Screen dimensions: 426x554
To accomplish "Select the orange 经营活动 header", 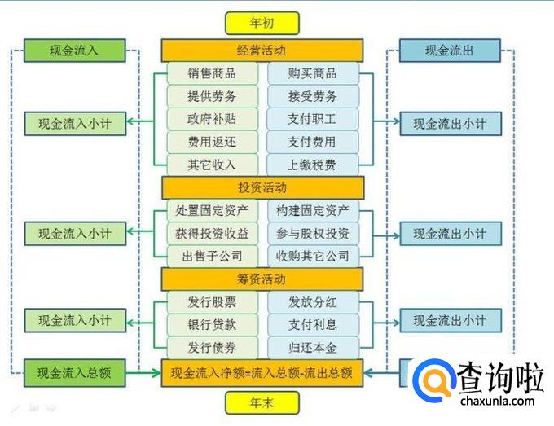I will coord(262,50).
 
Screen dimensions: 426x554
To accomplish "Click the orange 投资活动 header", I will coord(262,187).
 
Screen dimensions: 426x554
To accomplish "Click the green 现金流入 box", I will coord(74,51).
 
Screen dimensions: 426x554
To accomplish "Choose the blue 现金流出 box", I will coord(449,51).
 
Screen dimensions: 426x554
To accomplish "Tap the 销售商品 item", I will coord(213,73).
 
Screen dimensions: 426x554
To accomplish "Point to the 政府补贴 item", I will coord(213,119).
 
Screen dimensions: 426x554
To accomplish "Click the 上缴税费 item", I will coord(312,165).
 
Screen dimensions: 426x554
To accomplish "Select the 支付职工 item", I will coord(312,119).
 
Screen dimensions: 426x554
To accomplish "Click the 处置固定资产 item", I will coord(213,210).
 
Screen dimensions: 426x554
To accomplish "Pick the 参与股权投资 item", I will coord(312,233).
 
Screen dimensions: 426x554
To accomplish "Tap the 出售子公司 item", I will coord(213,256).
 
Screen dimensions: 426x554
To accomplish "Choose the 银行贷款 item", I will coord(213,325).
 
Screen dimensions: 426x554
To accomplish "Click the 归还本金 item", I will coord(312,348).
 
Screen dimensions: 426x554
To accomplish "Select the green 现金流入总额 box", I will coord(74,374).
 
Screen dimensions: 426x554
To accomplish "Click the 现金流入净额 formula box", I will coord(262,374).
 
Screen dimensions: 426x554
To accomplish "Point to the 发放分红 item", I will coord(312,302).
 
